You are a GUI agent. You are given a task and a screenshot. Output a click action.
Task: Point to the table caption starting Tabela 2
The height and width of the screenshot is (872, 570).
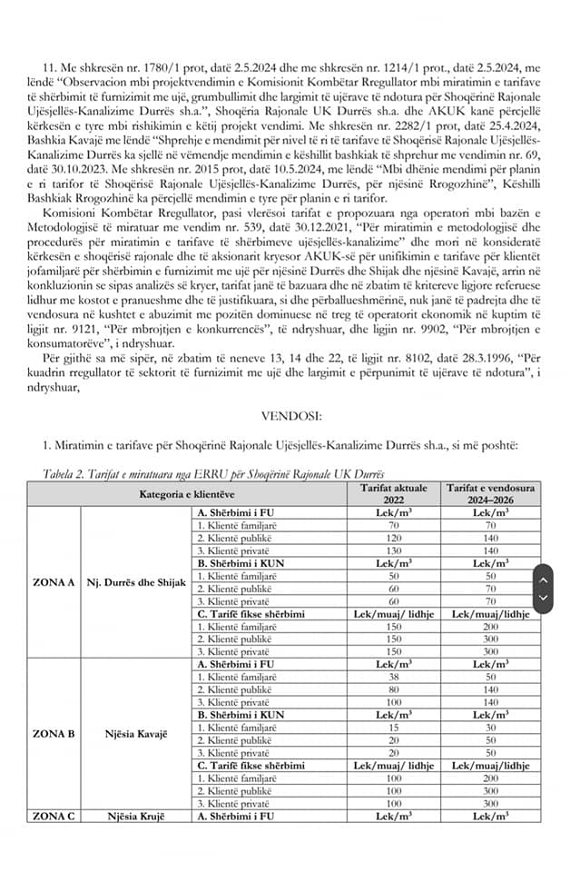click(x=214, y=474)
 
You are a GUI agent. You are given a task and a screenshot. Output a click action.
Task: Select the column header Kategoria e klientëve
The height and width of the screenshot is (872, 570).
click(x=188, y=494)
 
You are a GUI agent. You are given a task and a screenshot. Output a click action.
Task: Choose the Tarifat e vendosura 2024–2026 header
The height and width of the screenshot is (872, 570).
click(x=491, y=493)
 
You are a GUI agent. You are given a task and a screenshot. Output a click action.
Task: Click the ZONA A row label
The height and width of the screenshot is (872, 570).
click(x=54, y=580)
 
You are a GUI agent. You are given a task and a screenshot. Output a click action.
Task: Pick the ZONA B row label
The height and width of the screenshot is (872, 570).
click(x=54, y=732)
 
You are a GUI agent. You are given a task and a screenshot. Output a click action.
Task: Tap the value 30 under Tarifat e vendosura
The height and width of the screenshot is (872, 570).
click(x=491, y=728)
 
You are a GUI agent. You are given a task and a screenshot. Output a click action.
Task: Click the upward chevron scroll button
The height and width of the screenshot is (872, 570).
click(x=543, y=580)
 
